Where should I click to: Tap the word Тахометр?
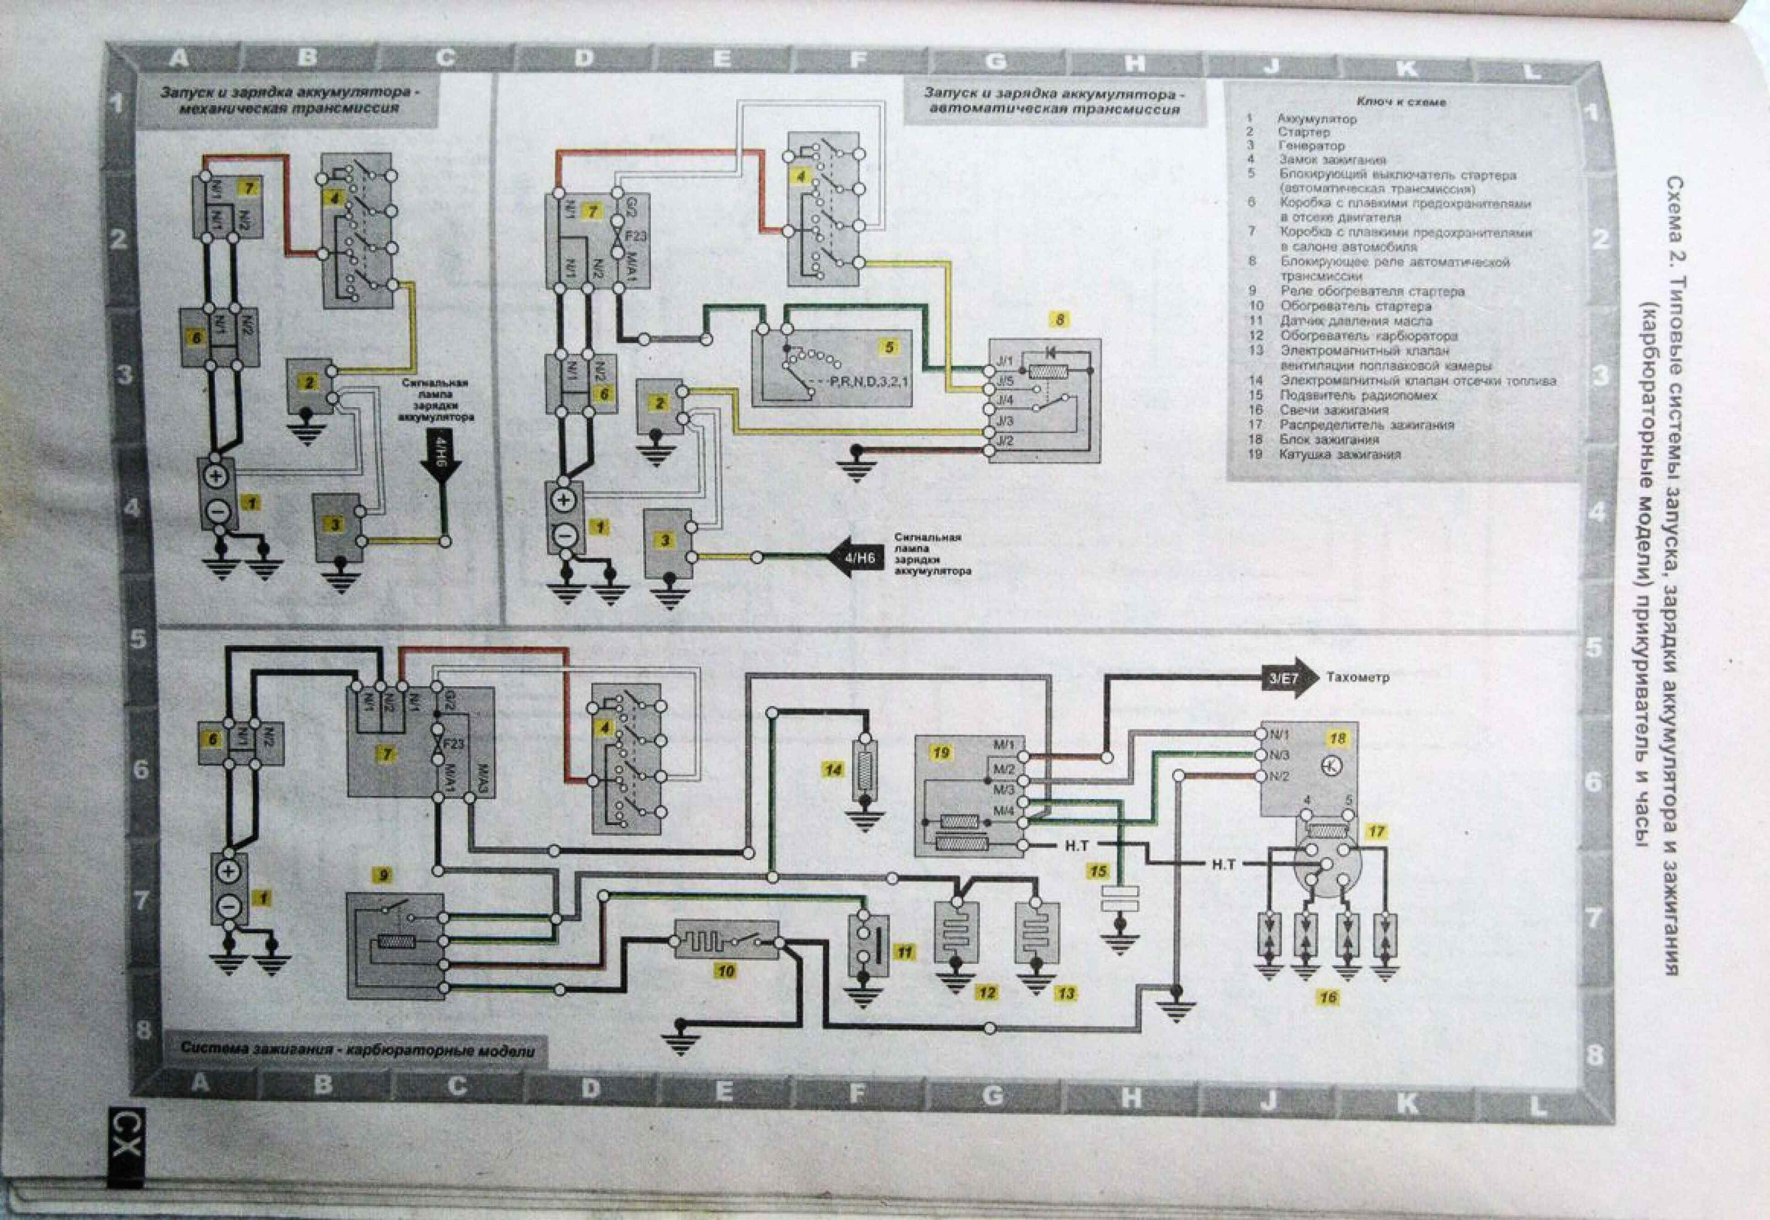coord(1358,677)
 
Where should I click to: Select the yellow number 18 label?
coord(1337,738)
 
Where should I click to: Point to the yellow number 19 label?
coord(941,753)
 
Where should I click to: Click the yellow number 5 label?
coord(889,347)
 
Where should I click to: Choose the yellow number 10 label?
coord(725,972)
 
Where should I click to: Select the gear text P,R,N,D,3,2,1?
coord(869,380)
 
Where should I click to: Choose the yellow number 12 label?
coord(987,993)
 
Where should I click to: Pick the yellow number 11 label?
coord(905,952)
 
